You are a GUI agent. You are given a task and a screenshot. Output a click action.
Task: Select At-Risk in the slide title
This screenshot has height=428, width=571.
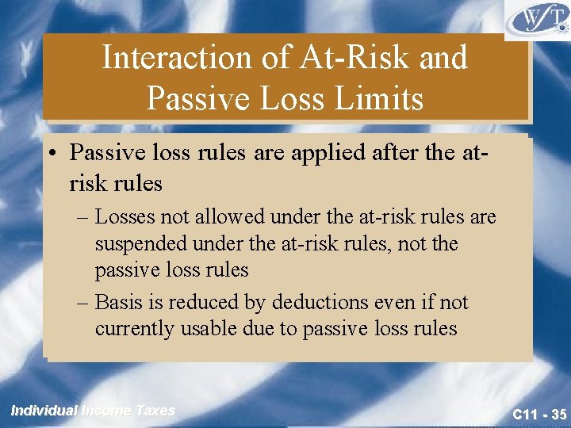[352, 58]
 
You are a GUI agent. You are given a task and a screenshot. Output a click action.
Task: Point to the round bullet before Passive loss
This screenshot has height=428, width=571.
[56, 151]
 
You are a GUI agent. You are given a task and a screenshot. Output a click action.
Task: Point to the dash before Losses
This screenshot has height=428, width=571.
[84, 216]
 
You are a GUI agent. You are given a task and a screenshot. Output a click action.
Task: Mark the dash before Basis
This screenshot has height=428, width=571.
[84, 303]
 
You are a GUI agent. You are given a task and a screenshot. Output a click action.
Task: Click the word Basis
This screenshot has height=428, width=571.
[119, 302]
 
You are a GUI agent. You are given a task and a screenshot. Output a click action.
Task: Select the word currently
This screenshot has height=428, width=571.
[134, 328]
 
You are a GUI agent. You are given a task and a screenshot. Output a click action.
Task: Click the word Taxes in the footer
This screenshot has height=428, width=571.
[155, 411]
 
